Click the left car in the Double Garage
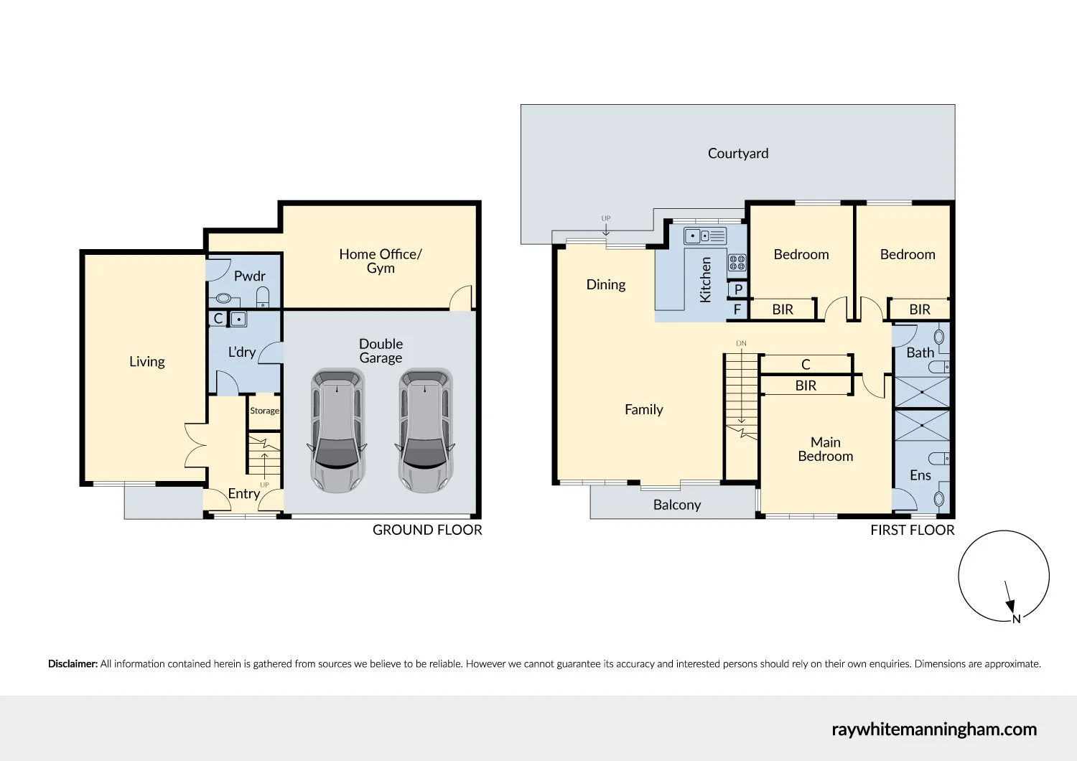click(338, 431)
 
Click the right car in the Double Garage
click(425, 431)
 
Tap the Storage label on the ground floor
click(264, 411)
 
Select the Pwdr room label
click(249, 276)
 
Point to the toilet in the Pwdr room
click(263, 297)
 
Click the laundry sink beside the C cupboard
click(238, 319)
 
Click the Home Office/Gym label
click(380, 261)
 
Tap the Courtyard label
click(737, 154)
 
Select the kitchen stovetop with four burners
click(737, 263)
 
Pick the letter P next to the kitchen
click(738, 290)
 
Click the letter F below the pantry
click(737, 310)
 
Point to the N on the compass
click(1016, 619)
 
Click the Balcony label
click(676, 505)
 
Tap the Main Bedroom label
click(825, 449)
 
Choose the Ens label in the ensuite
click(920, 475)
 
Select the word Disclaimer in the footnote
click(73, 664)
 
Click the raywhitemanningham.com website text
click(933, 729)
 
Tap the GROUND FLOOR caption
click(427, 530)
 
